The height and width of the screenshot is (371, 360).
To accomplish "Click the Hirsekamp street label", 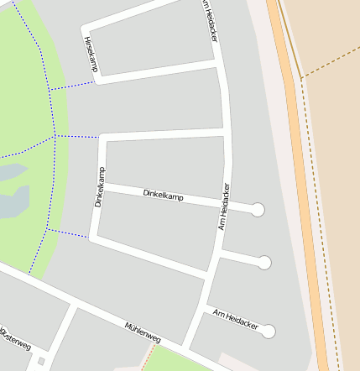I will click(x=90, y=55).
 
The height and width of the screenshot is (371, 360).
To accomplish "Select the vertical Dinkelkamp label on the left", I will click(x=100, y=187).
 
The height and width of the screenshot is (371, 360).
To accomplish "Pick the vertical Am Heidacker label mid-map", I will click(x=224, y=206).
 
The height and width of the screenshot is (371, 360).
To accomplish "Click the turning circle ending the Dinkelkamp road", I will click(x=258, y=210).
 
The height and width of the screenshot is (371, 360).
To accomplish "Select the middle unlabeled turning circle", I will click(x=264, y=263).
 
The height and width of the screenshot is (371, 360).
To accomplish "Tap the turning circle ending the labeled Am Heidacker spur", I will click(x=269, y=332).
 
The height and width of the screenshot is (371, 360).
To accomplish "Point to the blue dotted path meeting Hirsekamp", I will click(x=72, y=86).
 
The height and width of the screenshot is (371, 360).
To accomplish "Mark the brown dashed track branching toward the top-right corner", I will click(x=331, y=59).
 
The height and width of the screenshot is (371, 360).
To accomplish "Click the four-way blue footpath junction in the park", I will click(x=55, y=136).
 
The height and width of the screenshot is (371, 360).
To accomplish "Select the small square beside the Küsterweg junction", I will click(x=41, y=362).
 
